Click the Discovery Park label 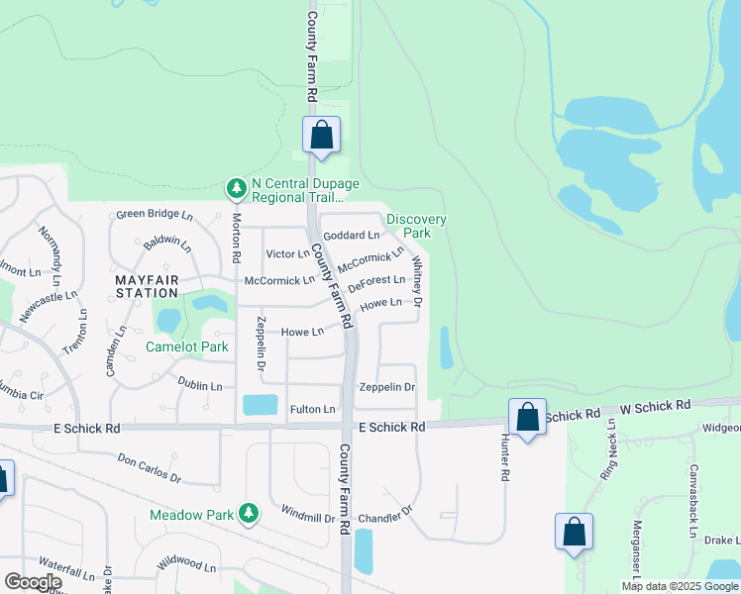[416, 226]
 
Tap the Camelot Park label [187, 346]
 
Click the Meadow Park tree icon [250, 513]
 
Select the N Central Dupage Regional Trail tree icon [236, 187]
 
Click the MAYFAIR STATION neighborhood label [153, 287]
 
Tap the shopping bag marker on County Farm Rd [322, 135]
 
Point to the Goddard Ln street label [352, 236]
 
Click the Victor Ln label [288, 254]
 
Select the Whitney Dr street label [418, 280]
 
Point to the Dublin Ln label [199, 384]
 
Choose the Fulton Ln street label [313, 409]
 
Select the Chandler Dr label [384, 517]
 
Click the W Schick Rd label [656, 407]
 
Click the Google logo [33, 583]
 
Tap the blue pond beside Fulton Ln [261, 404]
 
